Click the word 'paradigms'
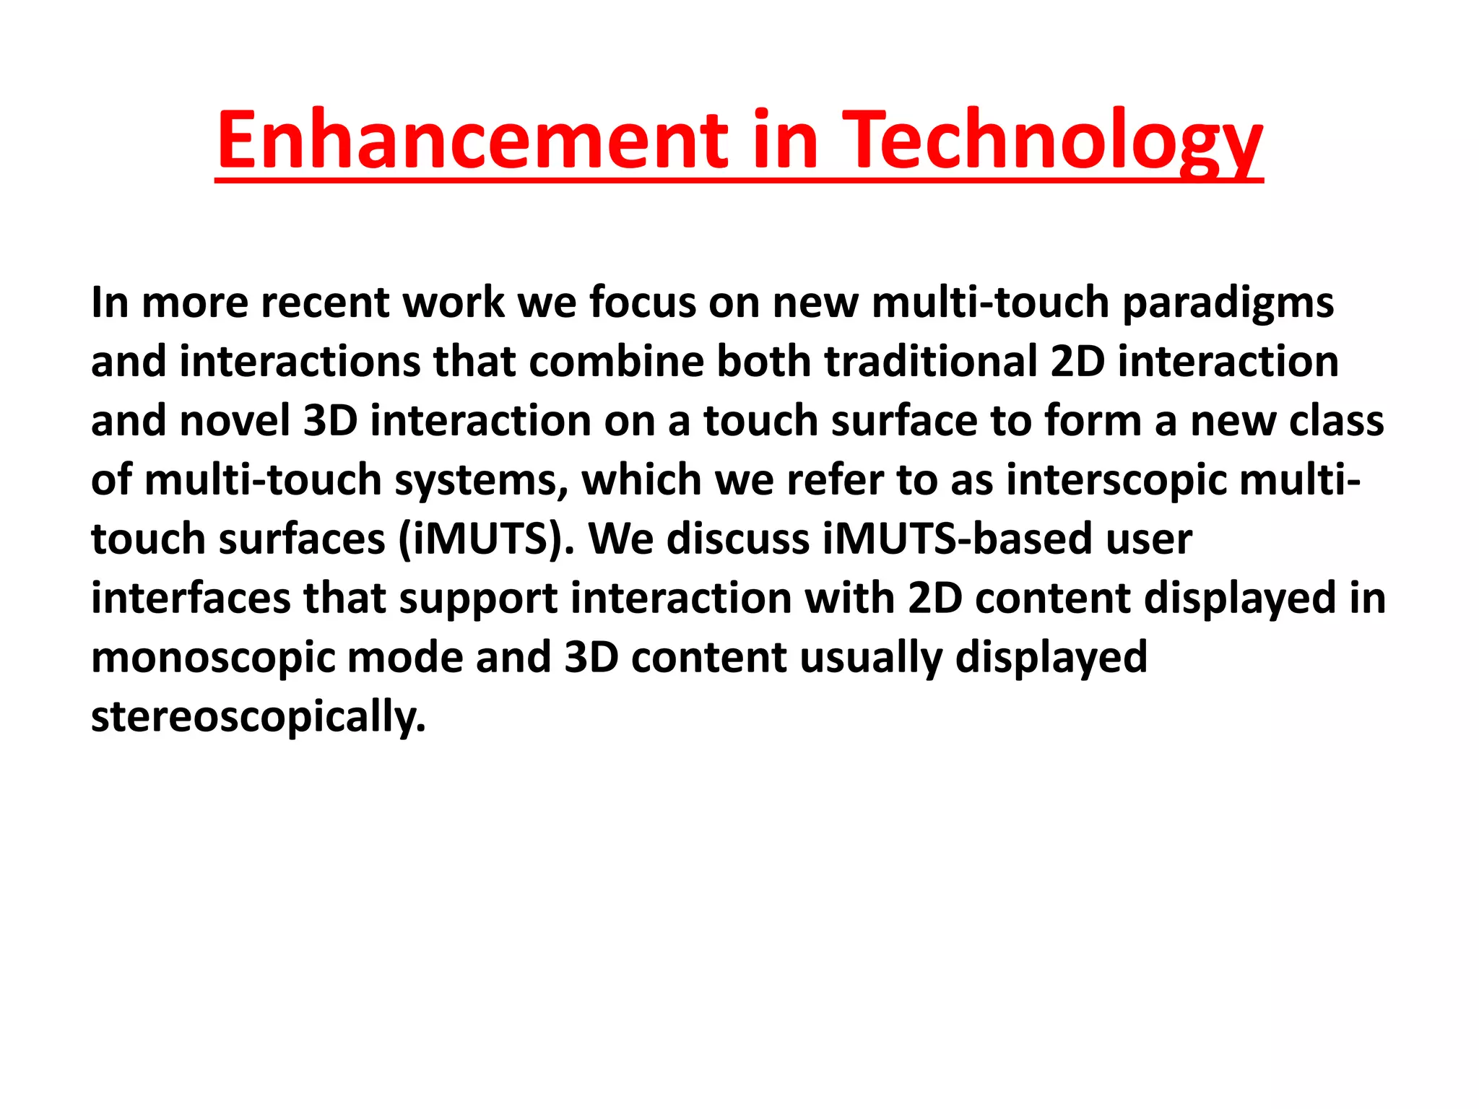click(x=1227, y=303)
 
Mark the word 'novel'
click(x=234, y=421)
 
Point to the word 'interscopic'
click(x=1116, y=480)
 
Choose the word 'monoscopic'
click(x=214, y=658)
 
